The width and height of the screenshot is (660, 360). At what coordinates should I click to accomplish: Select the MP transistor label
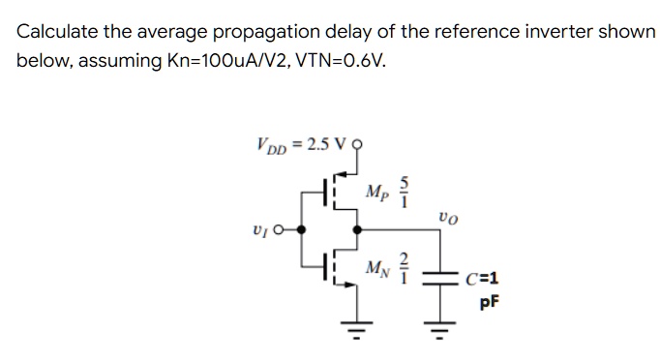[377, 190]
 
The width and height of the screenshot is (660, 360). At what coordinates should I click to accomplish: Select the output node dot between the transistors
[358, 230]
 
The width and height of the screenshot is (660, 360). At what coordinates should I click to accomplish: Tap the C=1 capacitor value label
[481, 283]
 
